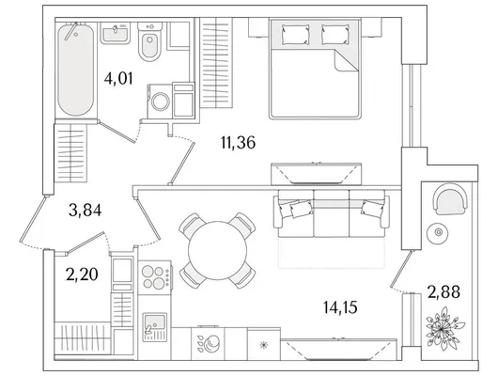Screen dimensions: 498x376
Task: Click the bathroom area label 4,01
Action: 118,79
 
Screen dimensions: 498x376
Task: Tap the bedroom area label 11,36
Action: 238,142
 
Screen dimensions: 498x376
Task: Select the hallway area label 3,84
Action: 85,210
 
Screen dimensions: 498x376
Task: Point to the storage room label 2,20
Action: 82,274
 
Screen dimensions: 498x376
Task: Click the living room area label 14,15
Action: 340,307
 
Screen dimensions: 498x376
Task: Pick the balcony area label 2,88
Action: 444,291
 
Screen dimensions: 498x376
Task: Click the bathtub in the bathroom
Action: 76,70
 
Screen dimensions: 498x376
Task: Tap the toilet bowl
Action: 150,42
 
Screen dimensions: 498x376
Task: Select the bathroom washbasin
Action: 116,33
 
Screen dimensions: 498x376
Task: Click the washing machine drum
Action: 161,102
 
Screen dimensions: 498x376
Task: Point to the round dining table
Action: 217,250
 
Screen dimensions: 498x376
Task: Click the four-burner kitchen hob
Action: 155,277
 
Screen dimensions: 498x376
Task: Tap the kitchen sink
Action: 155,327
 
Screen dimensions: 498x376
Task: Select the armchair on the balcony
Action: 451,199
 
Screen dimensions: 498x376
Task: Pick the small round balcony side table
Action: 439,233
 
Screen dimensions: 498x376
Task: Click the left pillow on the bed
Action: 296,35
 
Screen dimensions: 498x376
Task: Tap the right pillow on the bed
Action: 335,35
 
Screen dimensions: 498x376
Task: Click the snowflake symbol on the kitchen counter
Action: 264,345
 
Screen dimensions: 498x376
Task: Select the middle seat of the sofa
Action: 332,213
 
